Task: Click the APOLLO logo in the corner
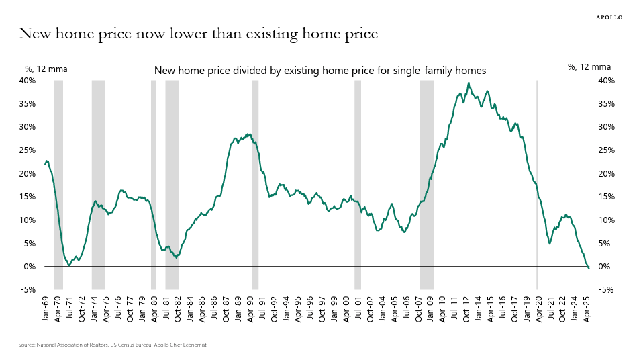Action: point(609,17)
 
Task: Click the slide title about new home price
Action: point(198,33)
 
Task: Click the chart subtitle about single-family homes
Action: point(320,70)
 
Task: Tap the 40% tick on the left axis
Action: point(27,81)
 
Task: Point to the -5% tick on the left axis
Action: point(28,290)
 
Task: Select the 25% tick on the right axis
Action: point(605,150)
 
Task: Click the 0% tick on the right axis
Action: point(603,267)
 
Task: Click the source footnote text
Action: point(112,345)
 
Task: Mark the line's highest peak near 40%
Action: point(469,83)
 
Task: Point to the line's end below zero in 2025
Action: point(589,269)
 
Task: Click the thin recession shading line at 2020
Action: point(537,181)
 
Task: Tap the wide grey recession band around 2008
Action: point(426,181)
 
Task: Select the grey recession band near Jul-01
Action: point(358,181)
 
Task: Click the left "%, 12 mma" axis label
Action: point(46,68)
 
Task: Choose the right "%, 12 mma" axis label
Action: point(589,67)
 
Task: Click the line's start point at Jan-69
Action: point(45,164)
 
